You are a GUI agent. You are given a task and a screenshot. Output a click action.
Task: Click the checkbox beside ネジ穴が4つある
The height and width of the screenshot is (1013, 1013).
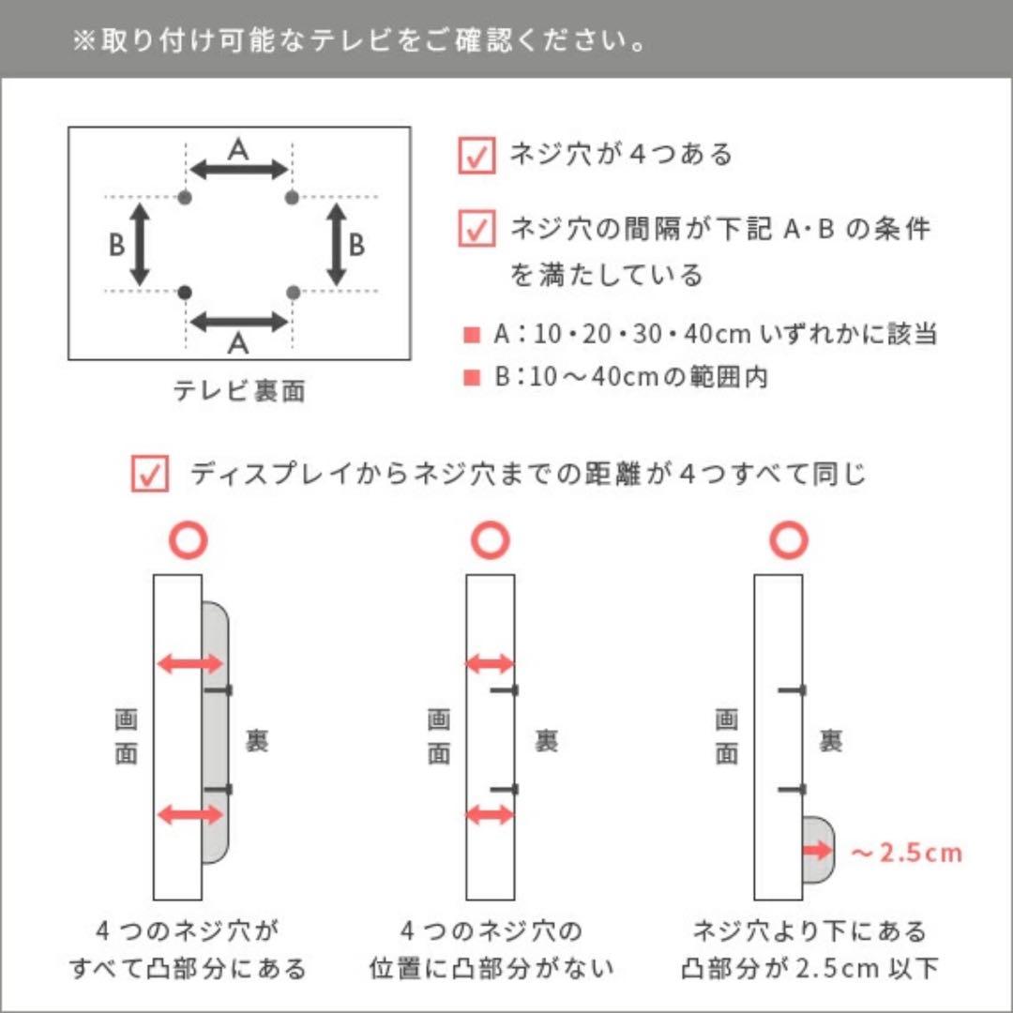pyautogui.click(x=476, y=156)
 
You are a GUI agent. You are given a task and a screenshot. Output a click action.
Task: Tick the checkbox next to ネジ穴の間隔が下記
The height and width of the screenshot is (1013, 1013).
pyautogui.click(x=476, y=229)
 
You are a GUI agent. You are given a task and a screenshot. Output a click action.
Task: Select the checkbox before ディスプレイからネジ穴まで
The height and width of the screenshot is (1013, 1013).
pyautogui.click(x=150, y=475)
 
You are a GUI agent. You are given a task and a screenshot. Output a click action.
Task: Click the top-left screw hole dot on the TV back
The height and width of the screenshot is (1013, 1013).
pyautogui.click(x=185, y=197)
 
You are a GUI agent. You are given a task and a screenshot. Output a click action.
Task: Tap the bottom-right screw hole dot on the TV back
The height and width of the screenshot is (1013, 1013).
pyautogui.click(x=292, y=292)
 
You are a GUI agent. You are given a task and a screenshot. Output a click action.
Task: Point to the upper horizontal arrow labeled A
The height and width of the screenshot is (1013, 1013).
pyautogui.click(x=238, y=170)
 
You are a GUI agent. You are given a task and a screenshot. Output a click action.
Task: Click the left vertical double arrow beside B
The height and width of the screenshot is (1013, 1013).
pyautogui.click(x=141, y=245)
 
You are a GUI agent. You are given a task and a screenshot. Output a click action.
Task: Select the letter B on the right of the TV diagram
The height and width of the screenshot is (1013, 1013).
pyautogui.click(x=356, y=245)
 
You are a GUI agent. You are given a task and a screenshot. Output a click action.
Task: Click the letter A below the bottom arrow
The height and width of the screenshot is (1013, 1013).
pyautogui.click(x=238, y=344)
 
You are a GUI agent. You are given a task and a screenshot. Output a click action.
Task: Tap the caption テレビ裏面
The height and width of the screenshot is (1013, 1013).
pyautogui.click(x=238, y=391)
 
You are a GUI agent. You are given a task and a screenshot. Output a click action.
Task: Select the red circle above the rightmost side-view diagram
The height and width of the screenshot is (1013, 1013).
pyautogui.click(x=790, y=541)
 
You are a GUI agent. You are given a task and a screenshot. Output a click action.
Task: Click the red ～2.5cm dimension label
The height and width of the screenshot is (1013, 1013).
pyautogui.click(x=905, y=853)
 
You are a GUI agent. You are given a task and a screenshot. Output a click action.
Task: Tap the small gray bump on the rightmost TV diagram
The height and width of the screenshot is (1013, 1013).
pyautogui.click(x=818, y=850)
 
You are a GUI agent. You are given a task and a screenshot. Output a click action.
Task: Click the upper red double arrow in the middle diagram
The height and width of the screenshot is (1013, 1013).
pyautogui.click(x=491, y=664)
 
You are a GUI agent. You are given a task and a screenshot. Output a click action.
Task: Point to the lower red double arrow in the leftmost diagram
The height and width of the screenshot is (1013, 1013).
pyautogui.click(x=190, y=814)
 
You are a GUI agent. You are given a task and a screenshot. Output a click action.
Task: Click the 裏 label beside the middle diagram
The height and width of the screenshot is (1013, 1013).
pyautogui.click(x=547, y=741)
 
